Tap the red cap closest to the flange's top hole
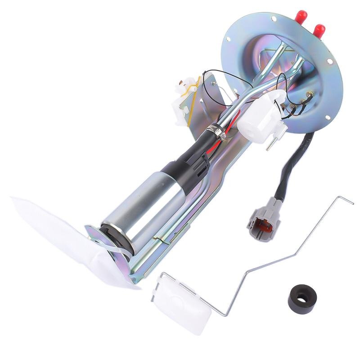click(301, 18)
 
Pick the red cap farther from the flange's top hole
click(319, 31)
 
